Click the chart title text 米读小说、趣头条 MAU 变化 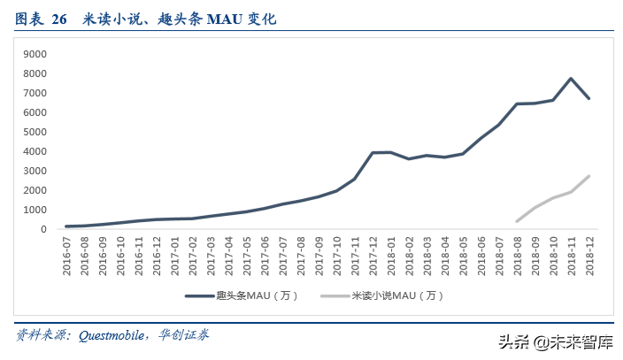178,18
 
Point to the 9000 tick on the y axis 35,54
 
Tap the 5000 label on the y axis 35,132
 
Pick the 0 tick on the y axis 42,229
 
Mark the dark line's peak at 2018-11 571,79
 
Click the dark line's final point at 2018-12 588,98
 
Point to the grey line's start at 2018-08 517,221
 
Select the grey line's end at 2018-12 588,176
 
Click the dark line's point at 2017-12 373,153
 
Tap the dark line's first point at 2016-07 67,226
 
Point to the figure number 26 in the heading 59,18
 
